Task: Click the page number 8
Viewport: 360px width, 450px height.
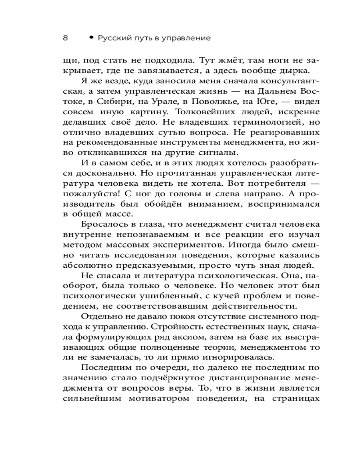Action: tap(65, 38)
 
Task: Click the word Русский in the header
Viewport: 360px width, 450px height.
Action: tap(112, 39)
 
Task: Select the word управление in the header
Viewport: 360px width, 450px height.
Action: tap(189, 39)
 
